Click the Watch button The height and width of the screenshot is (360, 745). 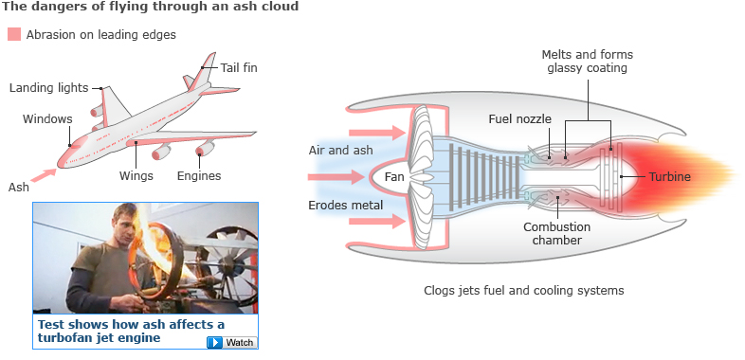tap(232, 342)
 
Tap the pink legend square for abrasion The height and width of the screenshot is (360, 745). tap(14, 34)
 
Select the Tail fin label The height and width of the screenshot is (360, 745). tap(239, 68)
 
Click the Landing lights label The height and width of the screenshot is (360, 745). tap(49, 88)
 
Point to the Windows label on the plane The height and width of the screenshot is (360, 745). tap(47, 118)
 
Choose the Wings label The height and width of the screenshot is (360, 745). tap(136, 175)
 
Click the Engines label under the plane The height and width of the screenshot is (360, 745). tap(199, 175)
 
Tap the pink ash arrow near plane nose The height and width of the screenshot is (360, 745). tap(44, 174)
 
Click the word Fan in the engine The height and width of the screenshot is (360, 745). tap(394, 177)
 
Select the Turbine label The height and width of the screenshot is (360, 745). tap(670, 177)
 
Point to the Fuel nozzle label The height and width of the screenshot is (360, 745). tap(519, 118)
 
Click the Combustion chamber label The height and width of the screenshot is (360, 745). tap(556, 233)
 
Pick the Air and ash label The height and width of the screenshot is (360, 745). tap(340, 151)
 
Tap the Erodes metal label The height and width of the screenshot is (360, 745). tap(345, 206)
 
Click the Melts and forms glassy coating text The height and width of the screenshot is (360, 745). tap(588, 62)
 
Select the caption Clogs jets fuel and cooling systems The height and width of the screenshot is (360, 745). tap(523, 290)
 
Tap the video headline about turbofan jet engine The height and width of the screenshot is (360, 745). tap(131, 331)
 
